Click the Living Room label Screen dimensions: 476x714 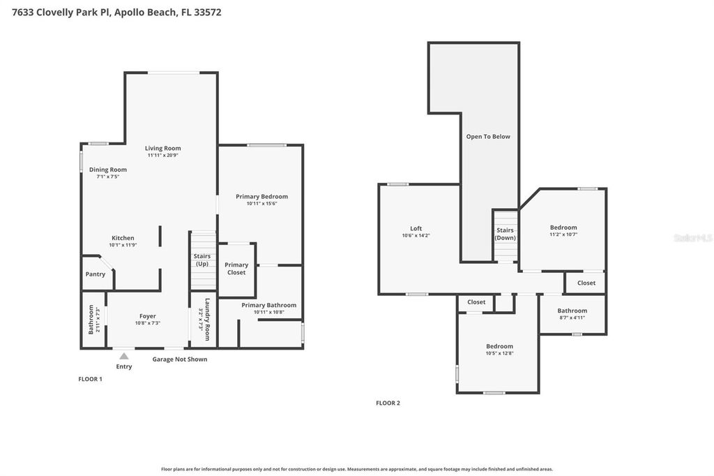[162, 148]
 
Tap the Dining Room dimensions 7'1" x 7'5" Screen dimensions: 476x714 [108, 177]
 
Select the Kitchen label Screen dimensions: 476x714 [123, 238]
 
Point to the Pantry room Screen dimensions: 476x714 [96, 274]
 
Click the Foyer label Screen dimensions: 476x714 [147, 316]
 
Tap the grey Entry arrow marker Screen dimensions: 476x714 [124, 356]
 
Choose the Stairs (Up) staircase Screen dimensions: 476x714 [202, 260]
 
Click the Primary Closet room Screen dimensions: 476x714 [236, 268]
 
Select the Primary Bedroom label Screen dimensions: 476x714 [261, 197]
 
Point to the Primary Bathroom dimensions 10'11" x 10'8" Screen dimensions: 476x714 [268, 312]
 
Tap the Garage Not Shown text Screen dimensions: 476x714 [180, 359]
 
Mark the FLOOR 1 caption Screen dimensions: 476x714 [90, 379]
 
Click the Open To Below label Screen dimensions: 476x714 [488, 137]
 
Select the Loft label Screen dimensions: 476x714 [416, 229]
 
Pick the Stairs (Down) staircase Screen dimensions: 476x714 [505, 234]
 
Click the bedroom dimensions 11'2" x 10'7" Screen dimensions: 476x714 [563, 235]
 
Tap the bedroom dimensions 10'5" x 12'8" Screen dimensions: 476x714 [499, 353]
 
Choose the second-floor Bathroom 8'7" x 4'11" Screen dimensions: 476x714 [572, 314]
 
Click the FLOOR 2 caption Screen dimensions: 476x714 [388, 403]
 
